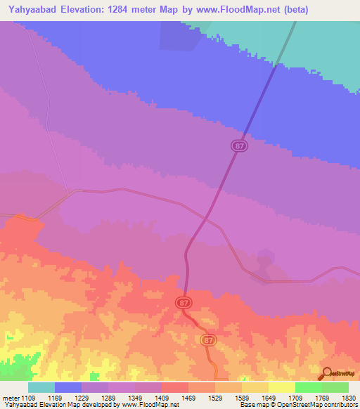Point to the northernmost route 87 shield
pyautogui.click(x=240, y=145)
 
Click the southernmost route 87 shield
pyautogui.click(x=207, y=339)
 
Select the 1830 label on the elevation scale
pyautogui.click(x=339, y=398)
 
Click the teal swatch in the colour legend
pyautogui.click(x=41, y=387)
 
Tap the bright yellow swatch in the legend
pyautogui.click(x=282, y=387)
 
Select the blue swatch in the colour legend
pyautogui.click(x=68, y=387)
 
